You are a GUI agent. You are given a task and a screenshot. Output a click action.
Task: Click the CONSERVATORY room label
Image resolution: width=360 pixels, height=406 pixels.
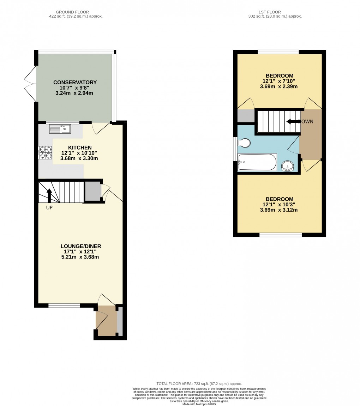pyautogui.click(x=75, y=83)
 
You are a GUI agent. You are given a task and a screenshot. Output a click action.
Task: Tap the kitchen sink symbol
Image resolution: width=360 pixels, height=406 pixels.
pyautogui.click(x=60, y=129)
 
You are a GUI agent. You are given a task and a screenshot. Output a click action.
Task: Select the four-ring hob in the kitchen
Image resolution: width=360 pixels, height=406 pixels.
pyautogui.click(x=45, y=152)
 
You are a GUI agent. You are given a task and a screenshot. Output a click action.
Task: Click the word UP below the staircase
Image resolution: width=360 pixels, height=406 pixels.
pyautogui.click(x=49, y=208)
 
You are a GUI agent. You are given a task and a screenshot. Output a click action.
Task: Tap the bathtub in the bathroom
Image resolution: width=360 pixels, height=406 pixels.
pyautogui.click(x=257, y=162)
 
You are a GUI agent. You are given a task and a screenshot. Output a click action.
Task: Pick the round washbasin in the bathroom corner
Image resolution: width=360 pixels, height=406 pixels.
pyautogui.click(x=288, y=166)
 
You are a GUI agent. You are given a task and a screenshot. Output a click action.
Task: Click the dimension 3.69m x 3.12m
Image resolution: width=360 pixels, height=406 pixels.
pyautogui.click(x=279, y=210)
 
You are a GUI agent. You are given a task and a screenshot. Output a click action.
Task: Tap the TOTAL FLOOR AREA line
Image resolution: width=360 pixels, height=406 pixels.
pyautogui.click(x=199, y=383)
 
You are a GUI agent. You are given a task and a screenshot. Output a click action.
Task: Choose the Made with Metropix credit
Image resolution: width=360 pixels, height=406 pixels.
pyautogui.click(x=199, y=404)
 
